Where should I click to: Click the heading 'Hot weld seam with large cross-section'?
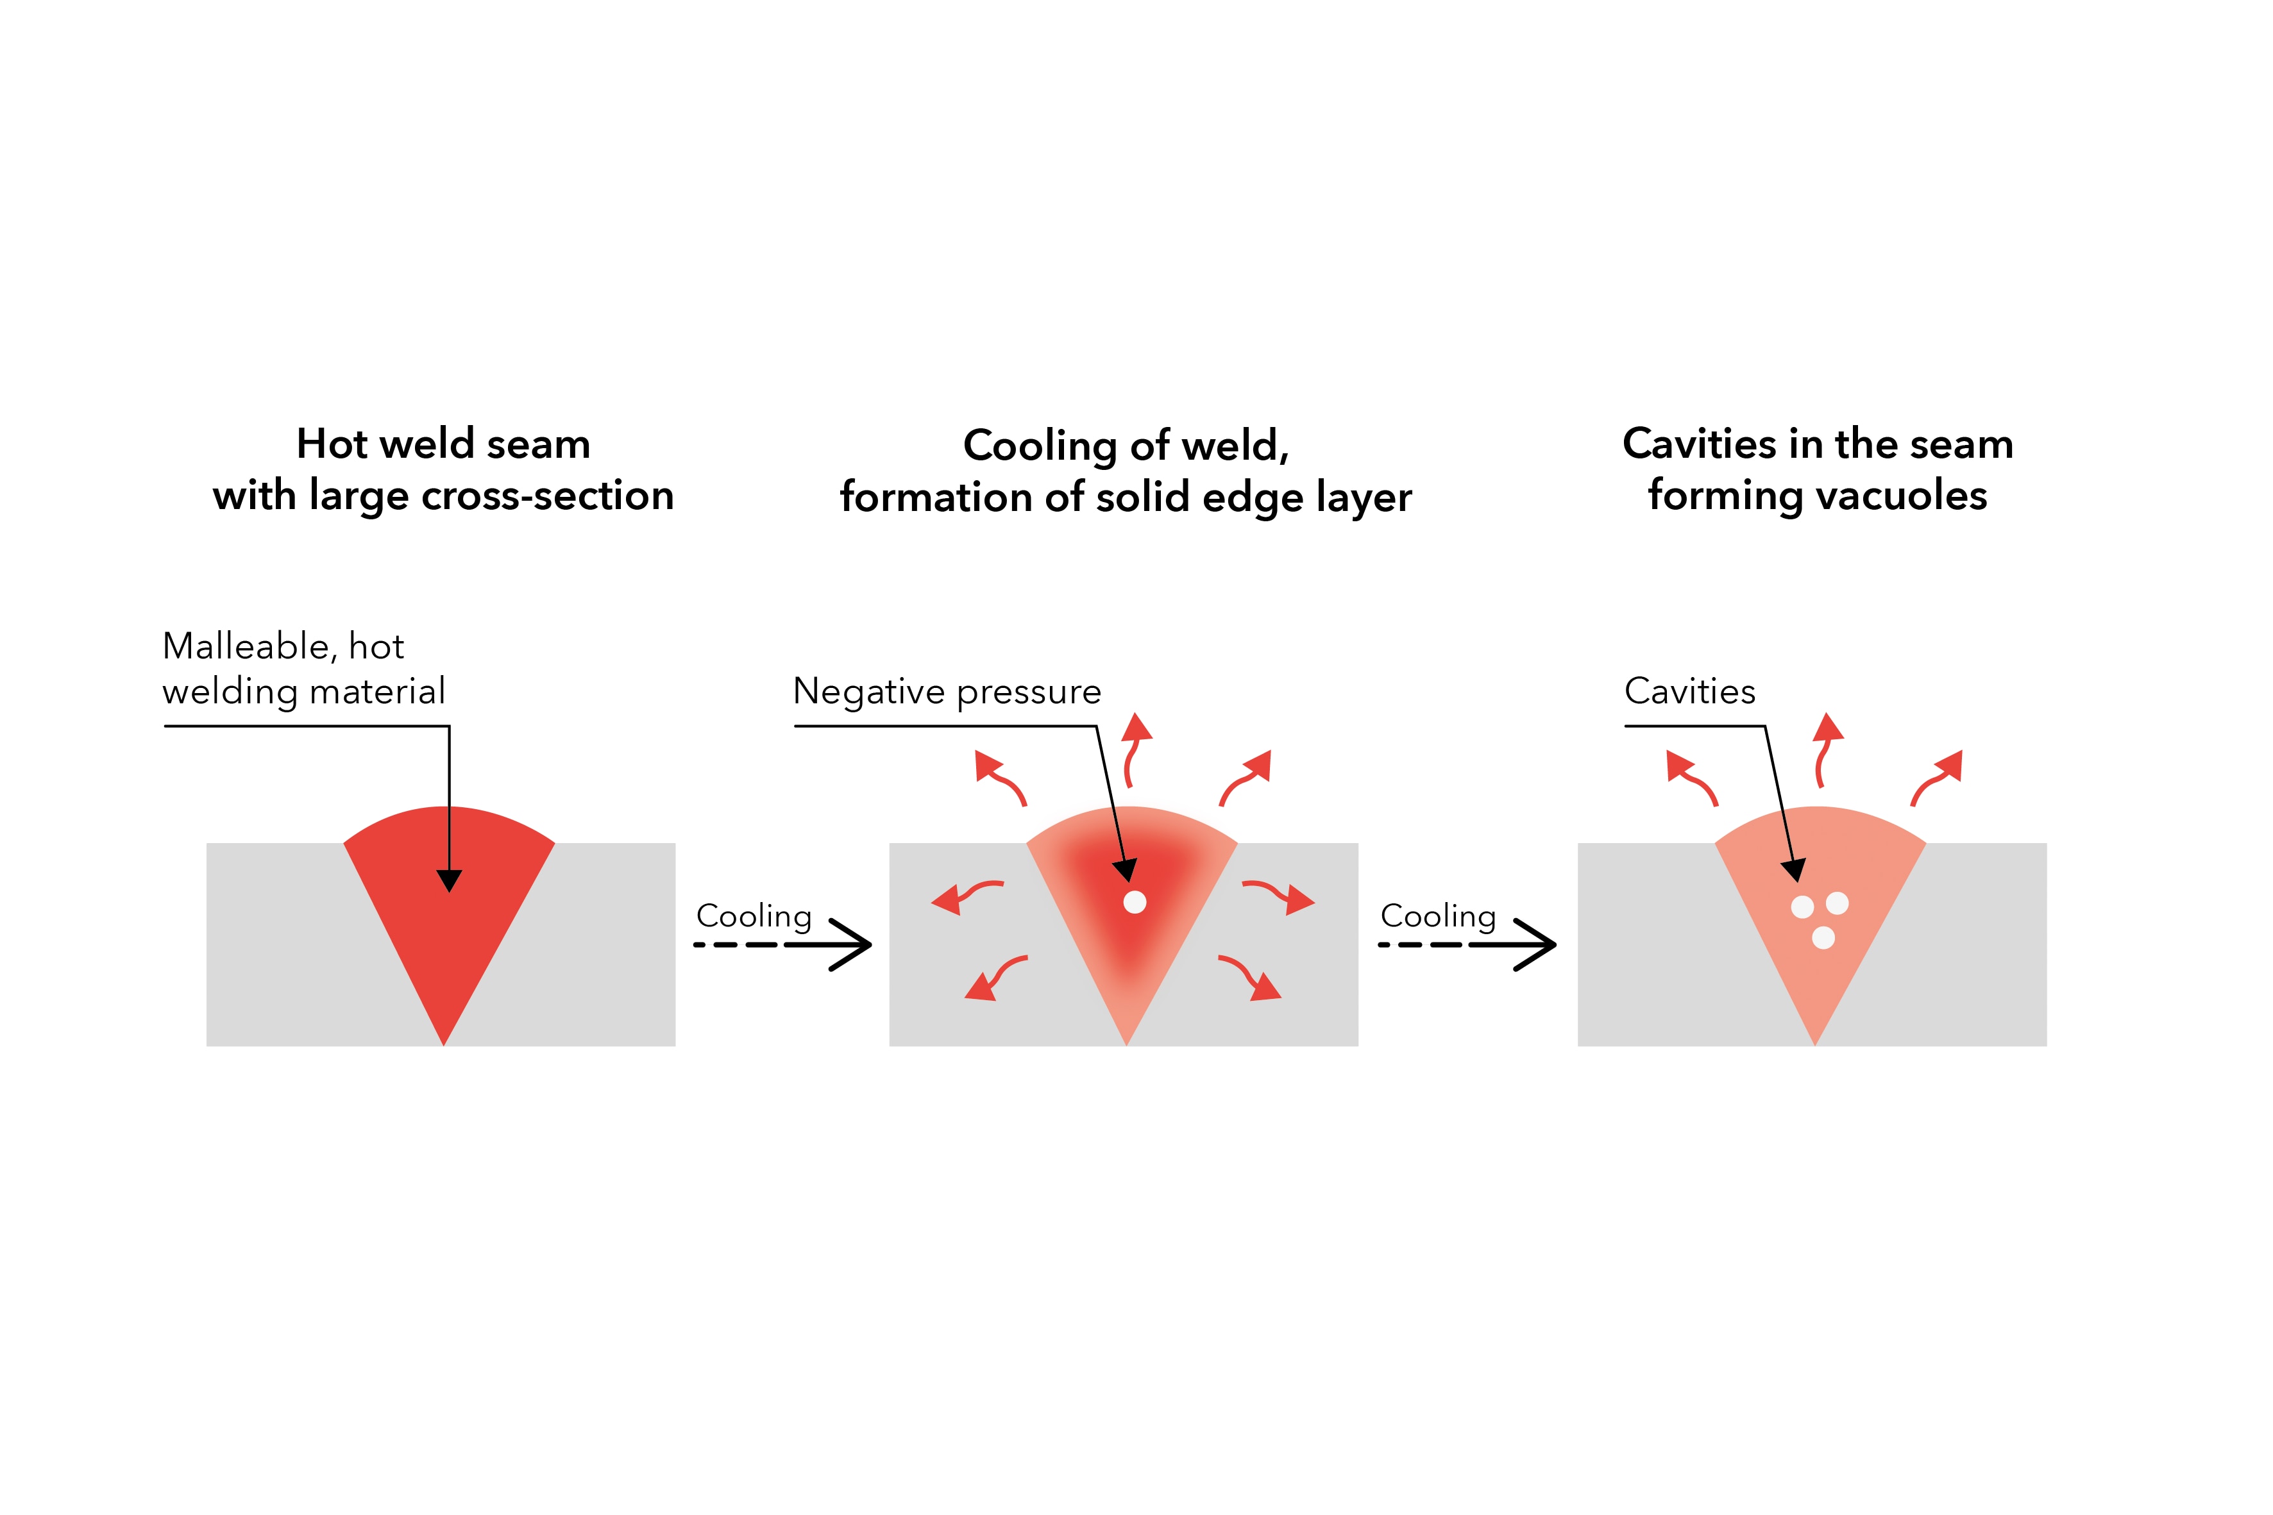(x=444, y=469)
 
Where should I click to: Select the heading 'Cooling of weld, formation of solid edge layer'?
(x=1126, y=471)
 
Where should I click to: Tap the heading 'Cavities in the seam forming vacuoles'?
(x=1818, y=469)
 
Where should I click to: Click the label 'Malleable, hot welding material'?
(x=303, y=669)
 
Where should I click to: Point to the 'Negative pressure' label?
(x=947, y=692)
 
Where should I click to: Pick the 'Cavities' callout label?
(x=1690, y=691)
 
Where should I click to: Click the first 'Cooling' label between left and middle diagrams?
(x=754, y=916)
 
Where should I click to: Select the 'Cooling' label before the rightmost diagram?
(x=1438, y=916)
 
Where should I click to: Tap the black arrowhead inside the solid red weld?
(x=450, y=880)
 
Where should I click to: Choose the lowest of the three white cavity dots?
(x=1823, y=937)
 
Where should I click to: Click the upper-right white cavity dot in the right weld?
(x=1837, y=903)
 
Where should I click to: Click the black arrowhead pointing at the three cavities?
(x=1793, y=871)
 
